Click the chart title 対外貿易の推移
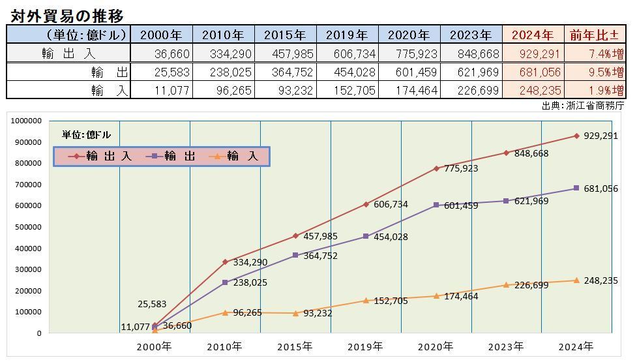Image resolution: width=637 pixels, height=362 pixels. (67, 15)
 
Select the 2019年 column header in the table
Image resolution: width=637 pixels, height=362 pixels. (346, 35)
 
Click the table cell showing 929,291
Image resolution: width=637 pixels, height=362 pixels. (533, 53)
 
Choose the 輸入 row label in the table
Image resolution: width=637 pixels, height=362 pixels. (110, 90)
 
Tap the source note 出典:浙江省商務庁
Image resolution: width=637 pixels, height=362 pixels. (583, 105)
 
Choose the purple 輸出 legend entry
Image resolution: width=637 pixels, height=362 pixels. (172, 157)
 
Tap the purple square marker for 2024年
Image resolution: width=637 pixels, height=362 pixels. (576, 189)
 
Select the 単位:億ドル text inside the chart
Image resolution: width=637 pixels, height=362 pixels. (86, 135)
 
